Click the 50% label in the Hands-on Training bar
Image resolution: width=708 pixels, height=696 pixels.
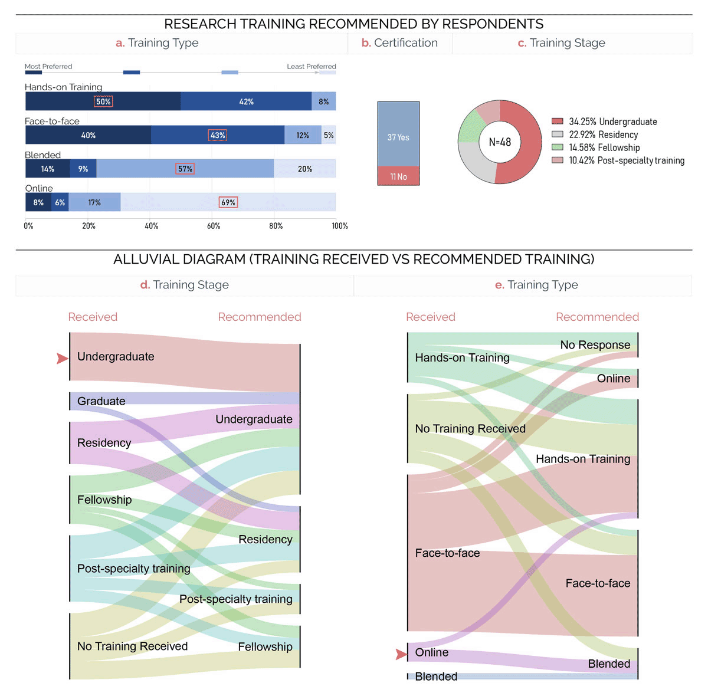[103, 101]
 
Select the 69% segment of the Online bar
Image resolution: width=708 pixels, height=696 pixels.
[228, 202]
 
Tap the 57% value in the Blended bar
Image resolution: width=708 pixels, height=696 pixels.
[185, 169]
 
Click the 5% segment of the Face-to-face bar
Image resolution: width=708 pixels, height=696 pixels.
[329, 135]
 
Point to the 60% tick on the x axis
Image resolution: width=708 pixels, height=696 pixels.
[214, 226]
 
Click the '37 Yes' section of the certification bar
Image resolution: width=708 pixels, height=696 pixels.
[398, 137]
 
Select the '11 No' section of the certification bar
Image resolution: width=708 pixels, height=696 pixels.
[398, 176]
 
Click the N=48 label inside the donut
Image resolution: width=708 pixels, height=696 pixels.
[500, 142]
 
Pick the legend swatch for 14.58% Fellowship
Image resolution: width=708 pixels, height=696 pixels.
[557, 147]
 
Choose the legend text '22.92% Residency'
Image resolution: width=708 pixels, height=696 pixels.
[603, 134]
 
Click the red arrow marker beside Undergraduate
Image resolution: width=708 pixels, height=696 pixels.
[62, 358]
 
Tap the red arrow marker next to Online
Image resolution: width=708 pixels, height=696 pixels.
[401, 654]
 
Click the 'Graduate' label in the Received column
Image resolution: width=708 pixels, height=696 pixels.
[101, 401]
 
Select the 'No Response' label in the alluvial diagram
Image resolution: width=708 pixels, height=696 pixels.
[595, 344]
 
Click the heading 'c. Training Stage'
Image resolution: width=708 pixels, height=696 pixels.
[561, 43]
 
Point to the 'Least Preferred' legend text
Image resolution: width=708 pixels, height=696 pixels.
[311, 67]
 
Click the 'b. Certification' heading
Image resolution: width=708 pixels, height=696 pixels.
[399, 43]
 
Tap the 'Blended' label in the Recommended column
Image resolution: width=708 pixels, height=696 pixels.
[609, 664]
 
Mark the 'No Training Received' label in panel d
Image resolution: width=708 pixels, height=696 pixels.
[132, 646]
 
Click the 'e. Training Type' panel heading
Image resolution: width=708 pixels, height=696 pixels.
[536, 285]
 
